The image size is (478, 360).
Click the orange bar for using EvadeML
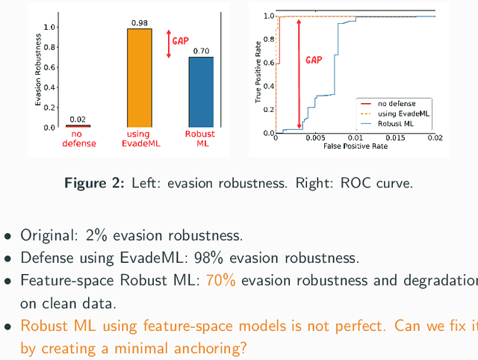tap(140, 78)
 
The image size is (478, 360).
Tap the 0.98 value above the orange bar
tap(140, 23)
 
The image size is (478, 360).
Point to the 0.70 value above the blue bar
tap(201, 51)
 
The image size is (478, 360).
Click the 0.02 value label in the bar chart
tap(78, 119)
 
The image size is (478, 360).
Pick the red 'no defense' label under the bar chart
tap(78, 139)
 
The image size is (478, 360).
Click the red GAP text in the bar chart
tap(181, 40)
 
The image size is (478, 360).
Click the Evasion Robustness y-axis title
tap(39, 72)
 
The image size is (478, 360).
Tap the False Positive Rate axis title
tap(355, 146)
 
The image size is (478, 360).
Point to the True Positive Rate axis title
tap(259, 74)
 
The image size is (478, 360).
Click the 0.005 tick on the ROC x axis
tap(316, 138)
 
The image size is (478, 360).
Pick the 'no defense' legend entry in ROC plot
tap(397, 103)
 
